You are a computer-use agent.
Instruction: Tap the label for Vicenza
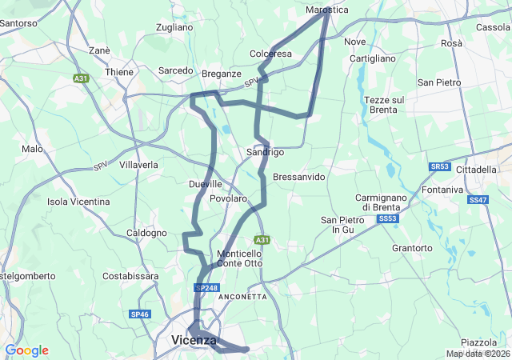tap(194, 340)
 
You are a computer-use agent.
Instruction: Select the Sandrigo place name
tap(265, 152)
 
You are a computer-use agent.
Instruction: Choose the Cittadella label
tap(476, 170)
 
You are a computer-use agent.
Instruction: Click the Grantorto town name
tap(412, 248)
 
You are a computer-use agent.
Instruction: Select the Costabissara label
tap(131, 276)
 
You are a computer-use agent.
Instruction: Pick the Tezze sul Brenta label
tap(384, 105)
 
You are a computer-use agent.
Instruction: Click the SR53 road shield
tap(439, 166)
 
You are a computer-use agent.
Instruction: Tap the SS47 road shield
tap(478, 199)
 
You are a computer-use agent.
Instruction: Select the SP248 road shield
tap(206, 288)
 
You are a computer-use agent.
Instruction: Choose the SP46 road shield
tap(140, 314)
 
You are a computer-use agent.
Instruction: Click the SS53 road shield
tap(387, 218)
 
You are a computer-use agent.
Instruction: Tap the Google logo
tap(27, 350)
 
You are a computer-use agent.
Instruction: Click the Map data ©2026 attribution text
tap(477, 354)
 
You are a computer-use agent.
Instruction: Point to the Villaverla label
tap(138, 165)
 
